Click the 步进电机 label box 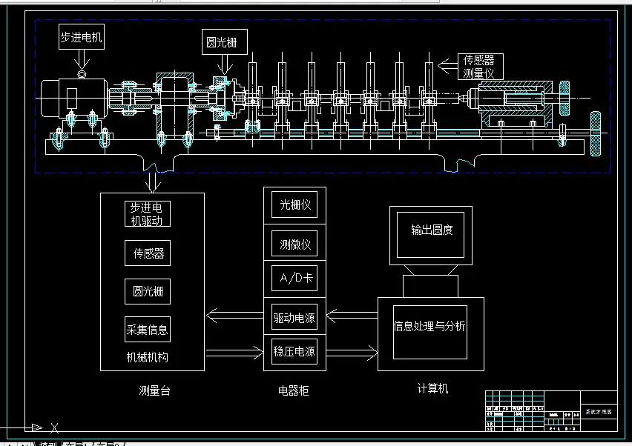point(81,36)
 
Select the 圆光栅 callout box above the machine point(223,42)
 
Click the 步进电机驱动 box point(147,213)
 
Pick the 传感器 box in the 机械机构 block point(147,253)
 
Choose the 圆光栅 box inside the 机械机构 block point(147,290)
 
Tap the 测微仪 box point(294,242)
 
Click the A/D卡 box point(294,280)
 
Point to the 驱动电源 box point(294,319)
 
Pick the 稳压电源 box point(294,351)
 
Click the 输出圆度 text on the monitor point(432,230)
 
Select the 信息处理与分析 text point(429,325)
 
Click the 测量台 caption point(154,390)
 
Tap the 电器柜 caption point(294,390)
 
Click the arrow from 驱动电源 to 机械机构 point(234,317)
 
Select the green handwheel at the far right point(595,134)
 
